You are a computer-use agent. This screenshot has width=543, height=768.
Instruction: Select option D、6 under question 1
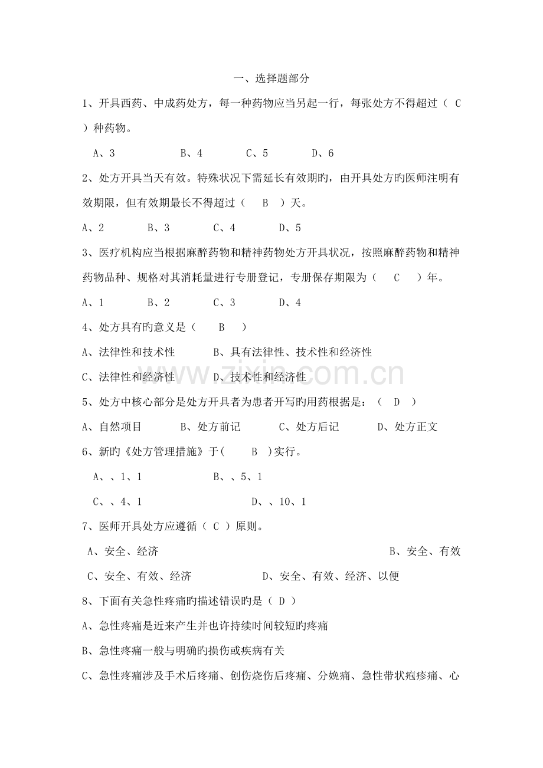tap(322, 153)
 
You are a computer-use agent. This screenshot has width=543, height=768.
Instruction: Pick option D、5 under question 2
tap(289, 228)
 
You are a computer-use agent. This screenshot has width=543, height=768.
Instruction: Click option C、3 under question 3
tap(224, 303)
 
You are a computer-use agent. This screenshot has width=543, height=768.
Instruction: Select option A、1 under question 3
tap(93, 303)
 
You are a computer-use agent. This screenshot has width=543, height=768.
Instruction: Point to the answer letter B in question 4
tap(222, 327)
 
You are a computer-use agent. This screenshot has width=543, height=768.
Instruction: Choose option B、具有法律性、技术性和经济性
tap(292, 352)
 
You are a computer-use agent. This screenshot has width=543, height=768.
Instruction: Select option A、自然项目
tap(112, 427)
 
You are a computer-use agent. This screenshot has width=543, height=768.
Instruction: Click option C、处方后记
tap(308, 427)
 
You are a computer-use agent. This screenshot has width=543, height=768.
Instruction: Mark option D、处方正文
tap(407, 427)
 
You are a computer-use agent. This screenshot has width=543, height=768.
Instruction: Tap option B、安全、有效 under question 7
tap(424, 552)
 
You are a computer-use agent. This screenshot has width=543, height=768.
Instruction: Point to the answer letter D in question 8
tap(282, 602)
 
